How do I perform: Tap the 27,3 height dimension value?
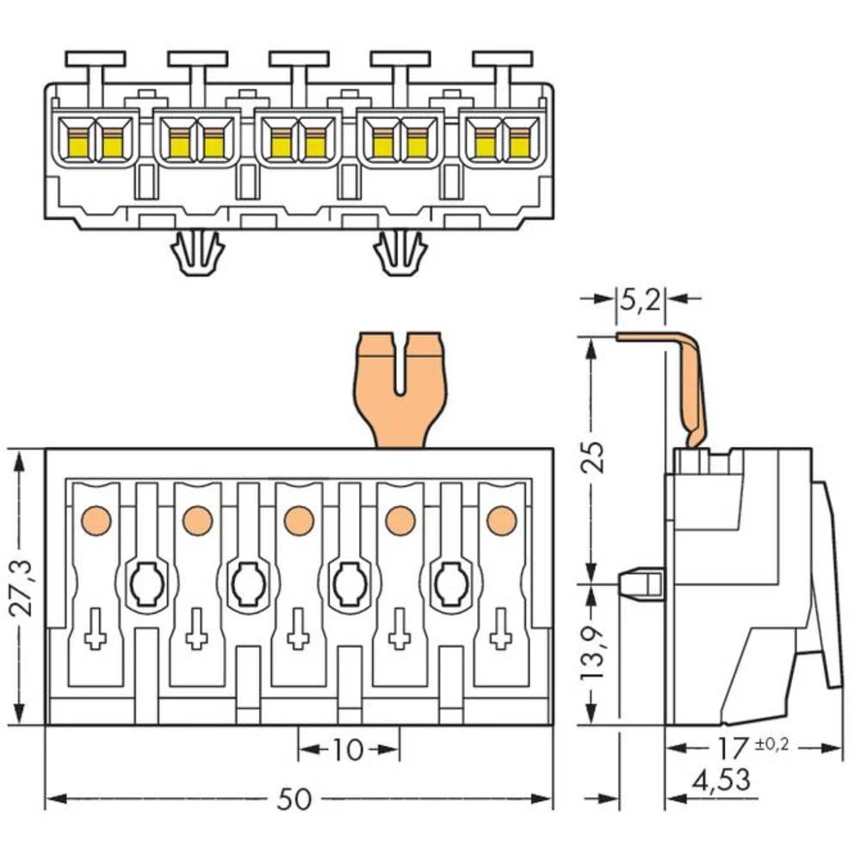click(21, 587)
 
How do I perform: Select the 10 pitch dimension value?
click(348, 750)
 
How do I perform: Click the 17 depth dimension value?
click(734, 746)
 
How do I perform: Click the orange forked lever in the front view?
click(400, 388)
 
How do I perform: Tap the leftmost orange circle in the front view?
click(96, 519)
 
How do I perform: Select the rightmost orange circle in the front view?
click(501, 519)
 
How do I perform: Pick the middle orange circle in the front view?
click(298, 519)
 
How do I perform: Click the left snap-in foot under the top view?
click(197, 254)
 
